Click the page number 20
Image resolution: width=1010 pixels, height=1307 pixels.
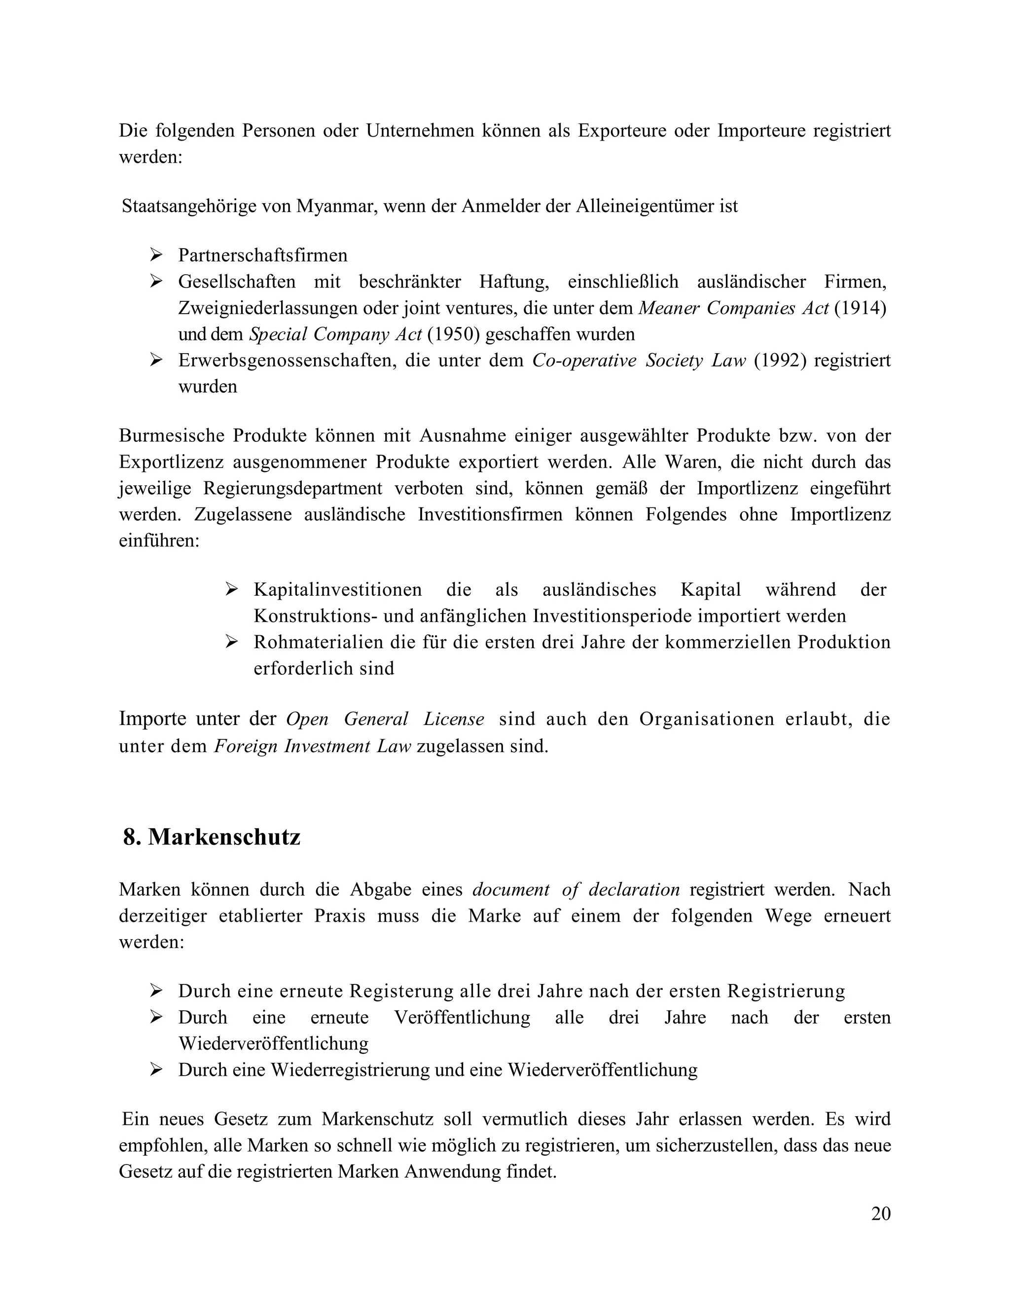pos(881,1214)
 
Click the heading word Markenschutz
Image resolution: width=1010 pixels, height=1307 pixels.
pos(224,836)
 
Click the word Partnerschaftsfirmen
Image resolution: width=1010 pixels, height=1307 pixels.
pos(263,255)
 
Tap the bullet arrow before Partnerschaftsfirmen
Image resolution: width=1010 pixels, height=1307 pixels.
pos(156,255)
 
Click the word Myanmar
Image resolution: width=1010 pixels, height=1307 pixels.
pos(337,207)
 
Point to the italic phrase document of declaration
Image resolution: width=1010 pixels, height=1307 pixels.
pos(576,890)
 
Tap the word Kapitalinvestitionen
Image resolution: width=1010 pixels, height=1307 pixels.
pos(337,589)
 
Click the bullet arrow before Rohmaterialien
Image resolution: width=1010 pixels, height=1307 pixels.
pos(232,642)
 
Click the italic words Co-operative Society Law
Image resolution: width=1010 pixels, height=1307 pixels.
pos(639,360)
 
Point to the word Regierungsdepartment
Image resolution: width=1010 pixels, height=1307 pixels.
pos(292,488)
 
